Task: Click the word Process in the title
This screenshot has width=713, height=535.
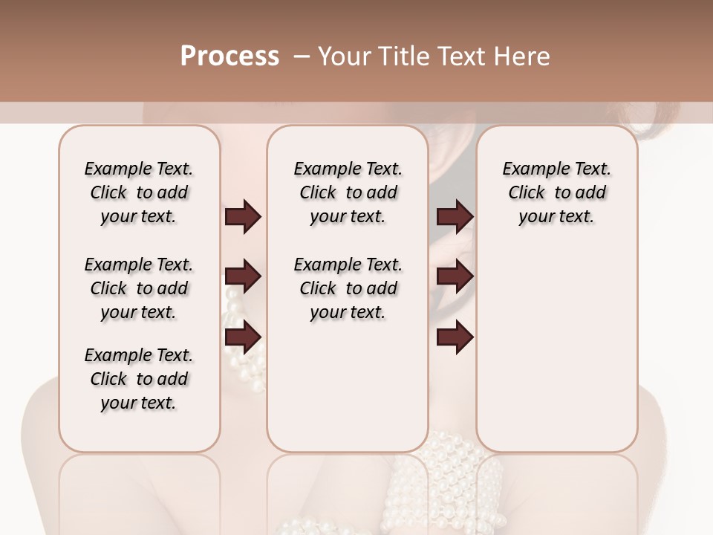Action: click(229, 56)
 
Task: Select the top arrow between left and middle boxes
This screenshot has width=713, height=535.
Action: click(243, 217)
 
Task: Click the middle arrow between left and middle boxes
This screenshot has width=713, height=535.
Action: click(243, 277)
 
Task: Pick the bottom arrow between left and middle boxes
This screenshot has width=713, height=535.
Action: click(243, 338)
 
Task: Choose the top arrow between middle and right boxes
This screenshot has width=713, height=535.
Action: click(455, 217)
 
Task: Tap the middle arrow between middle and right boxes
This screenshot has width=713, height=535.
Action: click(455, 277)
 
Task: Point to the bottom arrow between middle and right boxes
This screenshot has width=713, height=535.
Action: click(455, 338)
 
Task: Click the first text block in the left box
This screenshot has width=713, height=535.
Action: click(139, 192)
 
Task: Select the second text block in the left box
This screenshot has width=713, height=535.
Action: click(139, 288)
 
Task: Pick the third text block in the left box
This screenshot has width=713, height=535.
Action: click(139, 379)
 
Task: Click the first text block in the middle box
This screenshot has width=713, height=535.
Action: click(348, 192)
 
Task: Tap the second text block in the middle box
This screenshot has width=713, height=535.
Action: click(348, 288)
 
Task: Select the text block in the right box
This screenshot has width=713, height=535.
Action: click(556, 192)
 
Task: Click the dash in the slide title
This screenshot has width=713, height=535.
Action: click(302, 56)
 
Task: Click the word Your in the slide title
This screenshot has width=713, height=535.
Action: click(345, 56)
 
